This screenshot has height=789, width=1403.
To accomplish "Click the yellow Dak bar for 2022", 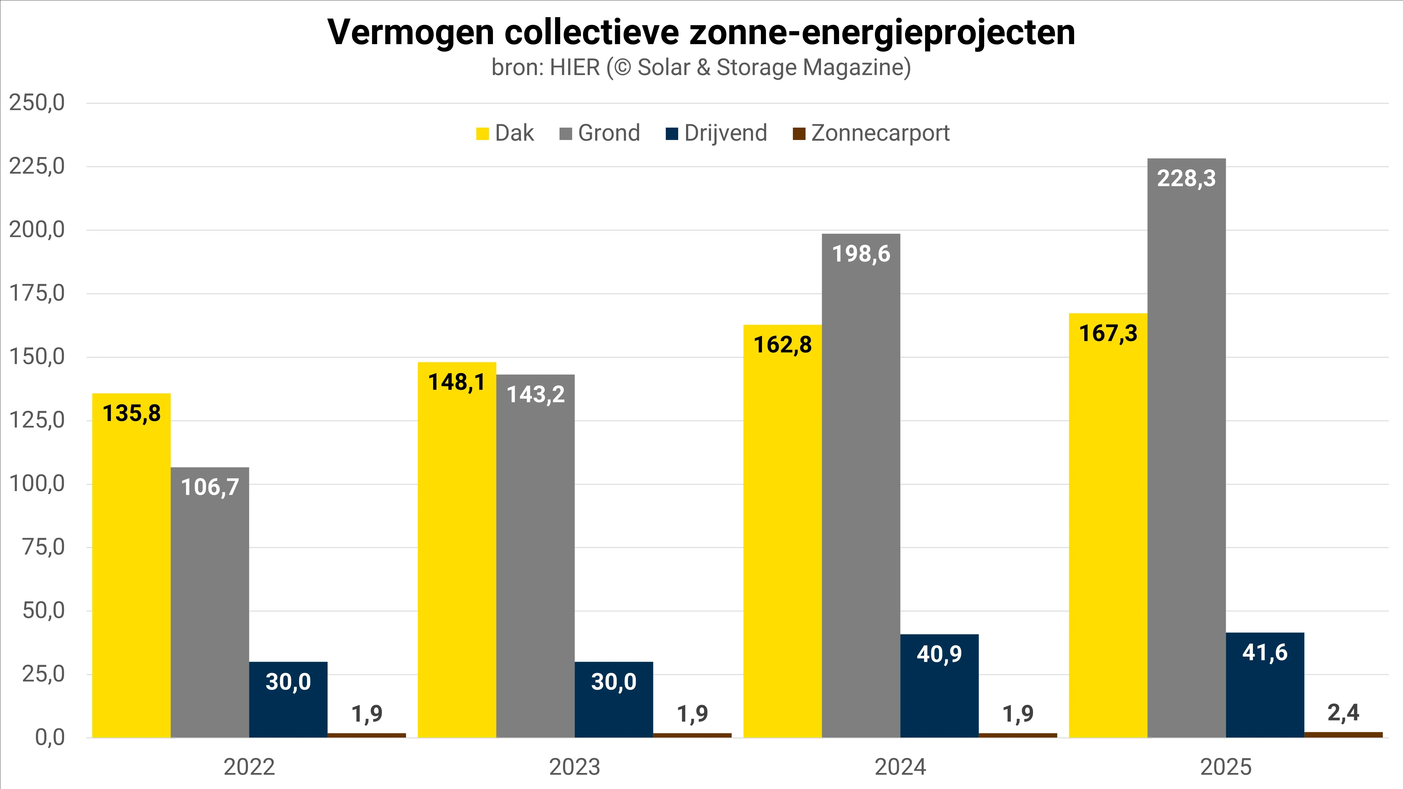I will (x=131, y=566).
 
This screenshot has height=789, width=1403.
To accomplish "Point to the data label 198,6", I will (x=861, y=254).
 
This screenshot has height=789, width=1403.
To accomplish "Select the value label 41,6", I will (x=1265, y=652).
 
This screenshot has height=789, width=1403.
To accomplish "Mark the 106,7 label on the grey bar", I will (x=210, y=487).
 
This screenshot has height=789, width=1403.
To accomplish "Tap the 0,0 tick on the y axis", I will (x=50, y=738).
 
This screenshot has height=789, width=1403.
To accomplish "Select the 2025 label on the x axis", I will (x=1226, y=767).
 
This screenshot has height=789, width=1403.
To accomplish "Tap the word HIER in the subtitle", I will (x=575, y=67).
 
